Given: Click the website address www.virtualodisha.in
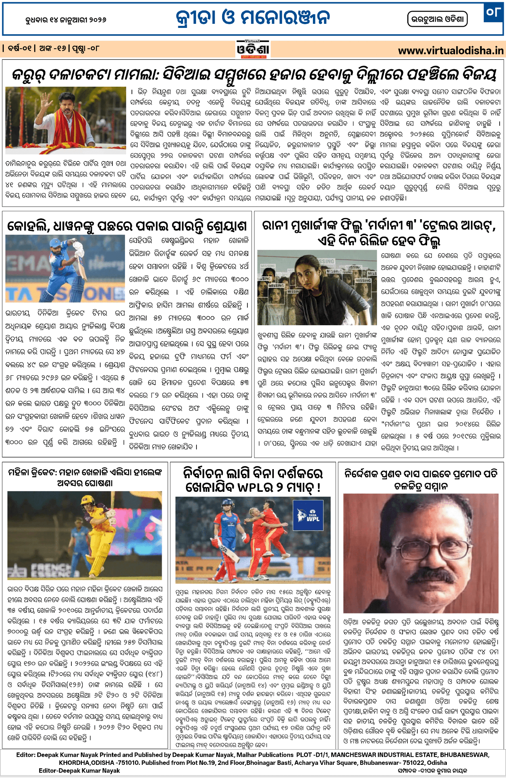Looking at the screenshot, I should (451, 51).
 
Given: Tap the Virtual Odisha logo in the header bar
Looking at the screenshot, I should (253, 49).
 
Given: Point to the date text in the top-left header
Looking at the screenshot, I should (66, 20).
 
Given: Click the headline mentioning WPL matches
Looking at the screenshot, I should (253, 480).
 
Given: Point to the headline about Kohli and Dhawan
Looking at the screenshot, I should (127, 226).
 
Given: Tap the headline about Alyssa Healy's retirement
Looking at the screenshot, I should (85, 478).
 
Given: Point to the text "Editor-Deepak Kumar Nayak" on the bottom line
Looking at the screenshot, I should (79, 770).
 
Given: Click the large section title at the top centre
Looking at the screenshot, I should (253, 18).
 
